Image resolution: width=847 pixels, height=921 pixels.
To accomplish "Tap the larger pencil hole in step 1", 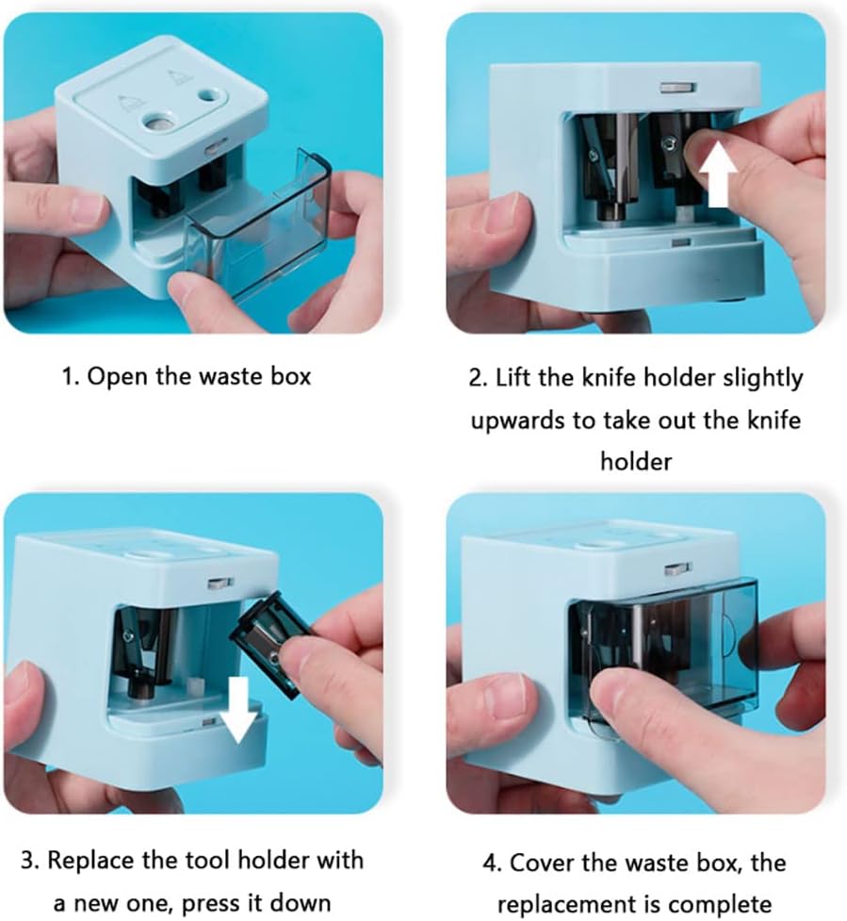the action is pyautogui.click(x=158, y=122).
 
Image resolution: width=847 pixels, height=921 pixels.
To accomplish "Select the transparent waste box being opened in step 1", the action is pyautogui.click(x=259, y=225).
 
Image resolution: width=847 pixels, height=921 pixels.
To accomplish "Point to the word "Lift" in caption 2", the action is pyautogui.click(x=513, y=378).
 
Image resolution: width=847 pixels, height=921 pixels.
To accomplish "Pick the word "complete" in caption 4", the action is pyautogui.click(x=719, y=905).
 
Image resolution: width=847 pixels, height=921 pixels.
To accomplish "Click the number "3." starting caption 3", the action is pyautogui.click(x=30, y=861).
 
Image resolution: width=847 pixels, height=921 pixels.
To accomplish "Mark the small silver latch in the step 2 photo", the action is pyautogui.click(x=678, y=88).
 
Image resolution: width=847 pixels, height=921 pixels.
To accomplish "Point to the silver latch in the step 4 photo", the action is pyautogui.click(x=678, y=568).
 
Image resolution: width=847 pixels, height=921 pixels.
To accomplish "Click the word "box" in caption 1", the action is pyautogui.click(x=290, y=376).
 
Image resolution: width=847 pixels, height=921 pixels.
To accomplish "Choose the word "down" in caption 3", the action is pyautogui.click(x=297, y=902).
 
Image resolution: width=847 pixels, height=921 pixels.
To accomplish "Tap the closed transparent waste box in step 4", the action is pyautogui.click(x=664, y=652).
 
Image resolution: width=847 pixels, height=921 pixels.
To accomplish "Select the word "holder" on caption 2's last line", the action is pyautogui.click(x=636, y=461).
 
